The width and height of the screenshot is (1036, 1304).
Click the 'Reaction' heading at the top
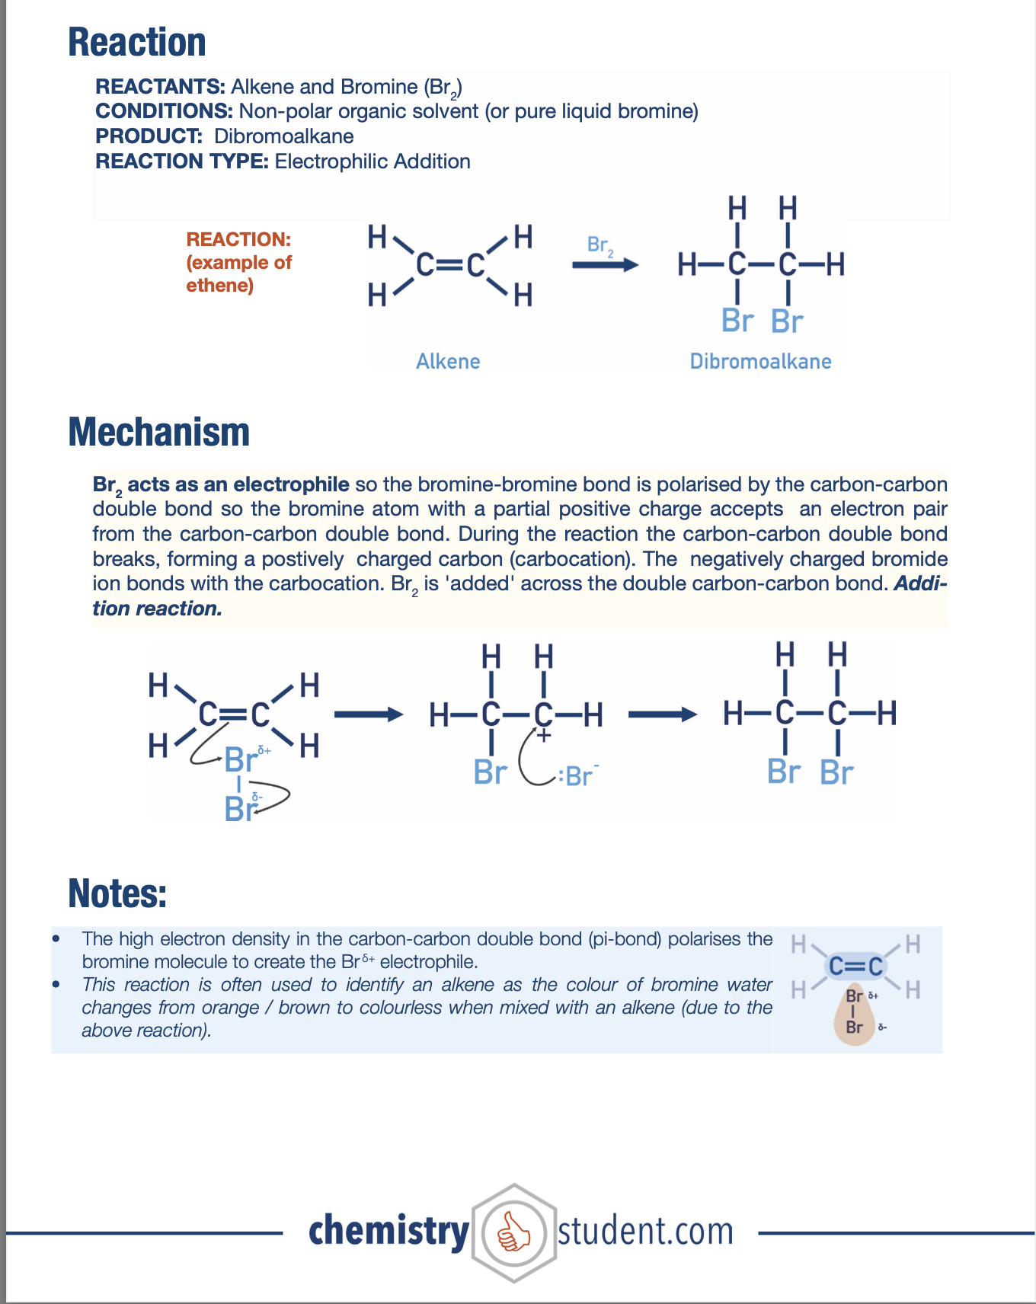click(137, 43)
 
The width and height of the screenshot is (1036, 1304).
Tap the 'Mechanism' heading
click(159, 432)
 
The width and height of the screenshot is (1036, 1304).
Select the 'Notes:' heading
click(117, 893)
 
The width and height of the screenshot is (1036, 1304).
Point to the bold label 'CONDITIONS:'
click(164, 111)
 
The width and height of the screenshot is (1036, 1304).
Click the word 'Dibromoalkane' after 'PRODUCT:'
click(284, 136)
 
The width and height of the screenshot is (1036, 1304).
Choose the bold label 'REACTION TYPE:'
click(182, 161)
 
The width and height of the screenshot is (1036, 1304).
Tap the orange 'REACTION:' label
click(238, 239)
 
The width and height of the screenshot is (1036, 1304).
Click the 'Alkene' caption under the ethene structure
click(448, 361)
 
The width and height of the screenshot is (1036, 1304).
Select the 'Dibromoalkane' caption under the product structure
click(760, 361)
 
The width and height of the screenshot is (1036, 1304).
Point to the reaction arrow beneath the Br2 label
click(605, 265)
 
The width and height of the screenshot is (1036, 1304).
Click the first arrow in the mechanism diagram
click(369, 714)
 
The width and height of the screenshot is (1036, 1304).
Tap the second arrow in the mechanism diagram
click(662, 714)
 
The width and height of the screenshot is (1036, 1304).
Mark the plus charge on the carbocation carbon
click(543, 736)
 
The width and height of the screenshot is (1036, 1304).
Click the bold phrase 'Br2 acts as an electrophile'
click(221, 485)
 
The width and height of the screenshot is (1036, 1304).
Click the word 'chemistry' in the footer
click(389, 1232)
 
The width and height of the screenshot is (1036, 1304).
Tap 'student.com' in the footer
click(646, 1232)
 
